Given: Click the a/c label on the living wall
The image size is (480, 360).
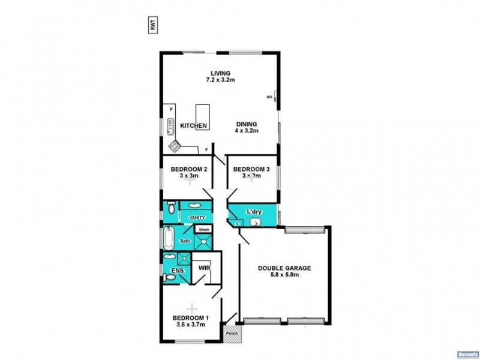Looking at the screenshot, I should [x=269, y=97].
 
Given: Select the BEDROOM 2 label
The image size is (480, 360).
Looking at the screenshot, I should [x=189, y=169].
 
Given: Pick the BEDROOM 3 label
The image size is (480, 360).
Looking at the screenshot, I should [x=251, y=169].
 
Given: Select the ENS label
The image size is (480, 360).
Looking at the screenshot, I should [x=177, y=271].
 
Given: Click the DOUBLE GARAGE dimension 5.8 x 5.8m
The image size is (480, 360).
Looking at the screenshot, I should [x=284, y=277].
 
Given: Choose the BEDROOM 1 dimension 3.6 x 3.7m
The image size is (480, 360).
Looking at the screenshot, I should [x=189, y=325].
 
